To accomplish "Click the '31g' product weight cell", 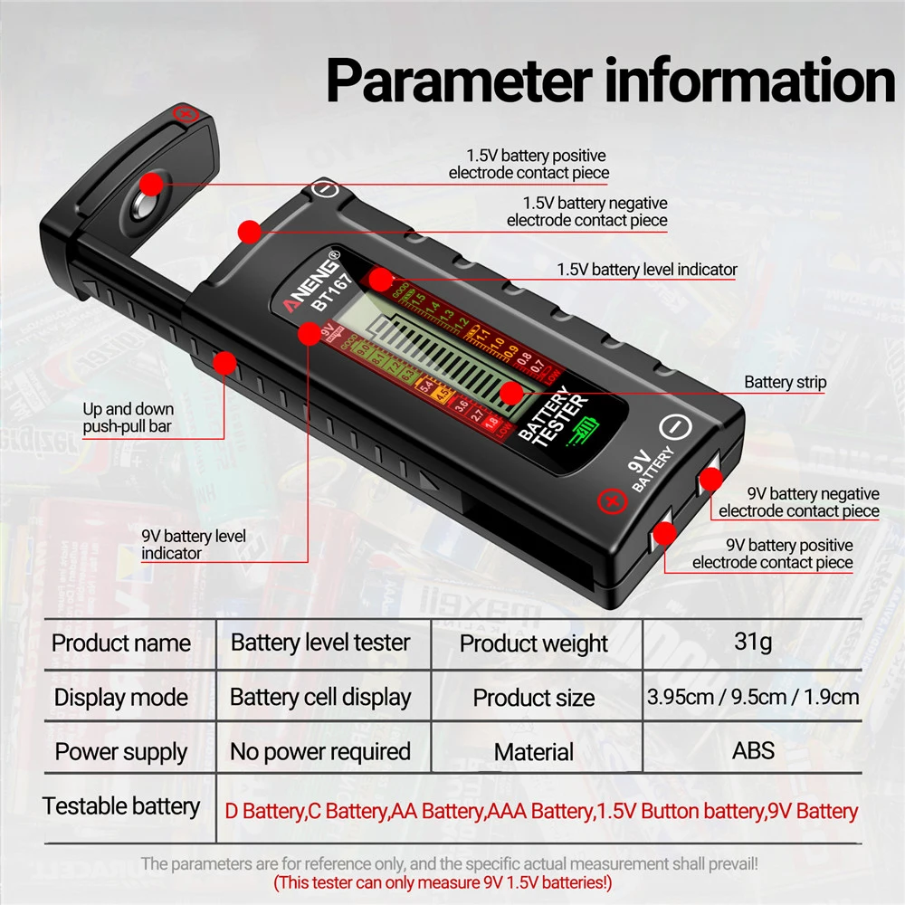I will tap(753, 643).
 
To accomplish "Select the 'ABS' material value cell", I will tap(753, 751).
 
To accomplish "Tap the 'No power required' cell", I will tap(320, 751).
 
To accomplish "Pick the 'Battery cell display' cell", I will tap(320, 697).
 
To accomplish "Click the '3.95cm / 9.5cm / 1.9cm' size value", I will tap(753, 697).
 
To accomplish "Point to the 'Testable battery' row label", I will tap(121, 805).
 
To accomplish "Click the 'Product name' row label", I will tap(121, 643).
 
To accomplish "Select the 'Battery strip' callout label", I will tap(785, 382).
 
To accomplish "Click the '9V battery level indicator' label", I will tap(193, 544).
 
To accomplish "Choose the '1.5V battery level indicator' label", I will tap(647, 269).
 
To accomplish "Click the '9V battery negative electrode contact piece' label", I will tap(799, 502).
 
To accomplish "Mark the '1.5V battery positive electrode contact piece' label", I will tap(529, 164).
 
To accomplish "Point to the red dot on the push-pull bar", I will tap(224, 364).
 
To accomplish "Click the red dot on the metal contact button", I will tap(152, 185).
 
